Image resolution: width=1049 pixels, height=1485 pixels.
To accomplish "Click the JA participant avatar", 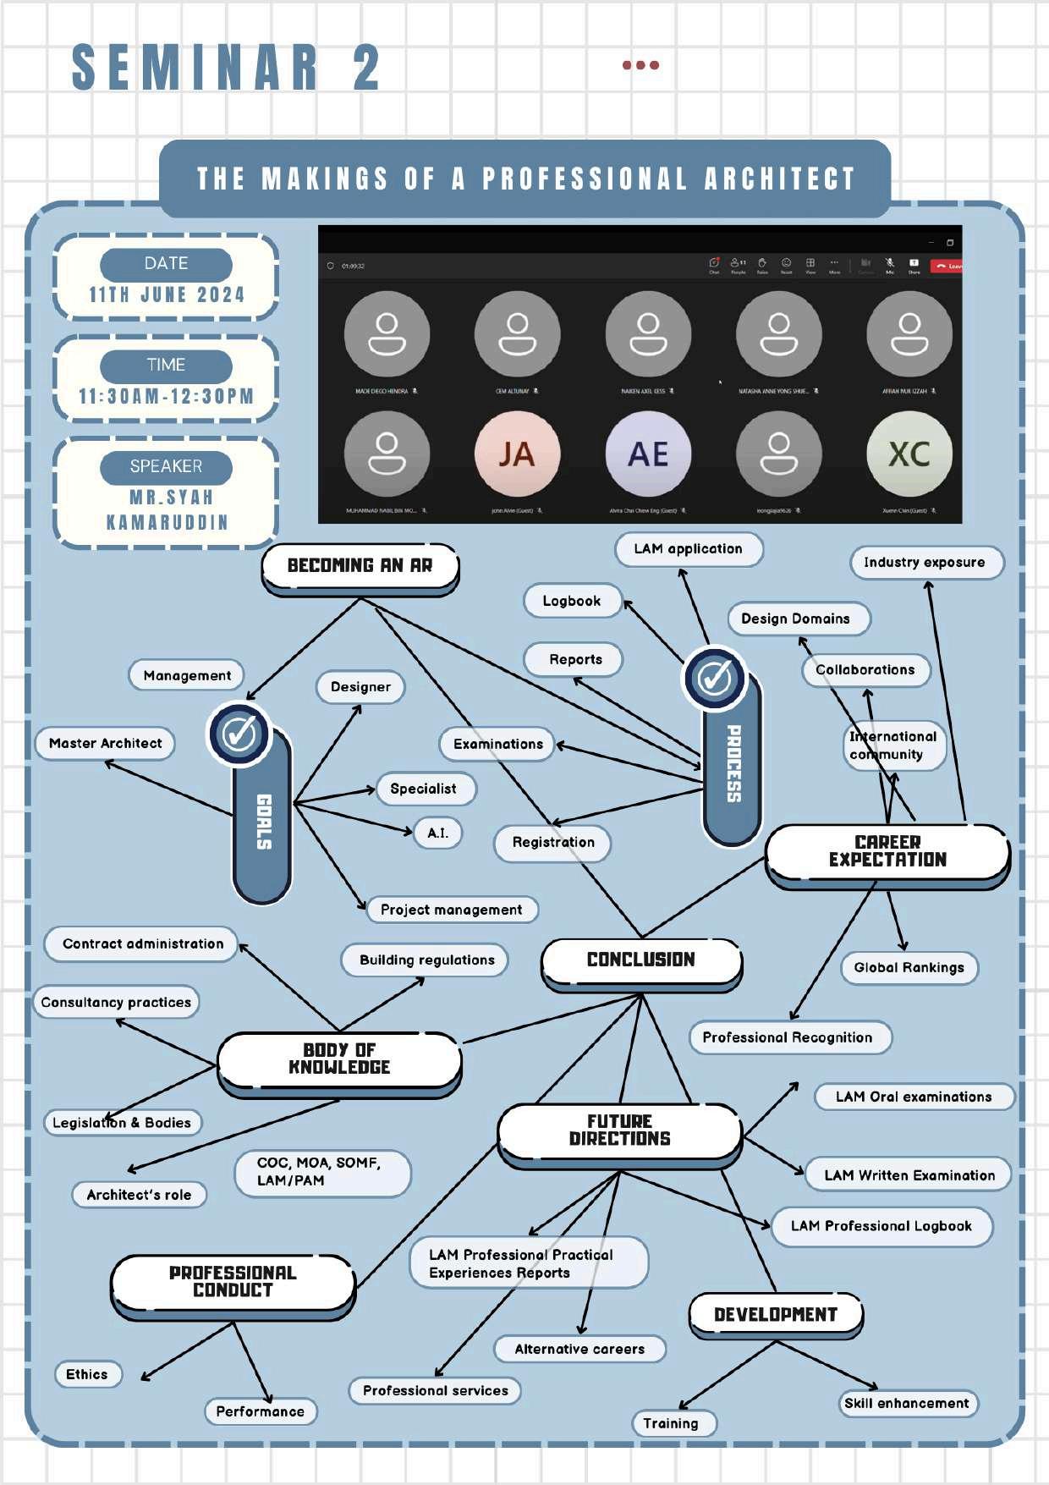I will point(516,454).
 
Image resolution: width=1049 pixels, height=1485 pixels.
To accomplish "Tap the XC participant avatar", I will point(909,454).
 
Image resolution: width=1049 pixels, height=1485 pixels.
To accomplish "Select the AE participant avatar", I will point(648,454).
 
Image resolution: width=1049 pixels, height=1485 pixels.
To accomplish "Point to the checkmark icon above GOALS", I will point(239,734).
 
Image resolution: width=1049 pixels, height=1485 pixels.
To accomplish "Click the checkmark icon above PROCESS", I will point(715,678).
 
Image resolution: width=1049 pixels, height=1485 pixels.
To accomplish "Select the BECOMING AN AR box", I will point(360,566).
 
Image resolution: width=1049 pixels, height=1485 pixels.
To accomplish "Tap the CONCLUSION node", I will point(641,960).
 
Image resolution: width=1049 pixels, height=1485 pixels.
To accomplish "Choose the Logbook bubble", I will point(572,601).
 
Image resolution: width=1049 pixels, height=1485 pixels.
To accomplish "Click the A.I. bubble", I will point(437,833).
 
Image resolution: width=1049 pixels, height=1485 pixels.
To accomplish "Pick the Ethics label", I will point(87,1374).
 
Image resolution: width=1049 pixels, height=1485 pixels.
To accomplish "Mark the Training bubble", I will point(672,1423).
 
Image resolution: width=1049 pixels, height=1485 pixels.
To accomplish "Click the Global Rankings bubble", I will point(909,967).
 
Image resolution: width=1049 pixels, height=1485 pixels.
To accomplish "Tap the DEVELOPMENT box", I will point(776,1314).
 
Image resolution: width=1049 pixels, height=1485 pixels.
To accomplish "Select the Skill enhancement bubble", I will point(907,1403).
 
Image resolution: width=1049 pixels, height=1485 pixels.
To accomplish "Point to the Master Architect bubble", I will point(105,743).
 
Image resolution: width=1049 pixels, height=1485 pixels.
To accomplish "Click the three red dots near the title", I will point(640,65).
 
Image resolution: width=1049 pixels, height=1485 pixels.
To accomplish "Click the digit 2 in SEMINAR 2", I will point(367,68).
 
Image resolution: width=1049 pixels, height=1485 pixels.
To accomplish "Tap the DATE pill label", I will point(166,264).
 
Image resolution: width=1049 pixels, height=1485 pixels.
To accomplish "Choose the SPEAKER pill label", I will point(166,466).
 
